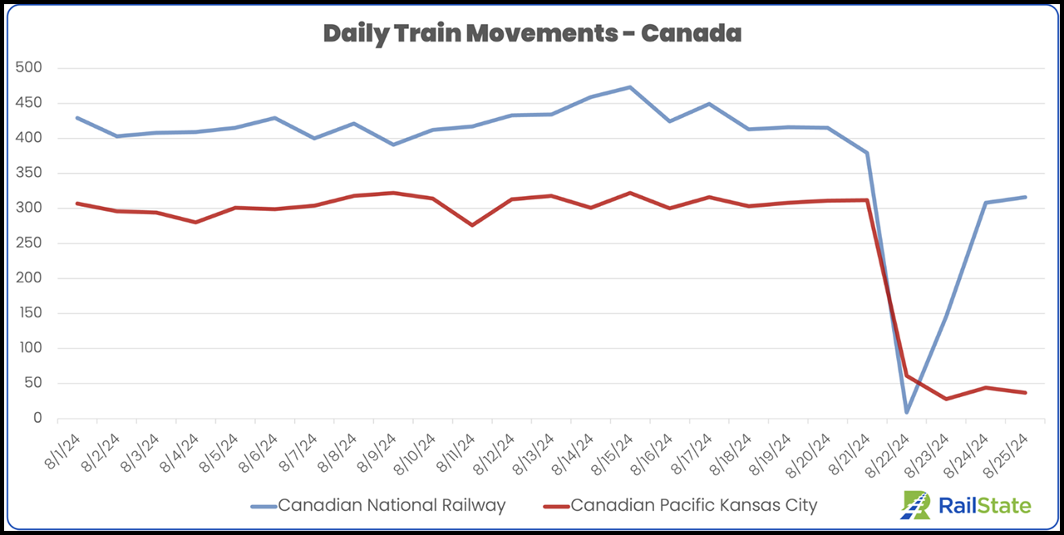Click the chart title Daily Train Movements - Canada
tap(532, 34)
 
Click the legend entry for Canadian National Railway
tap(391, 505)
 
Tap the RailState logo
tap(967, 505)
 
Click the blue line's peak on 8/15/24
tap(630, 86)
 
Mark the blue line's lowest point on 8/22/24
tap(907, 412)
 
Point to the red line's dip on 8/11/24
tap(472, 225)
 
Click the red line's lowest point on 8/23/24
tap(946, 399)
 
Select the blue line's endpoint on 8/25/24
tap(1025, 197)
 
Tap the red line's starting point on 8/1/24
tap(76, 203)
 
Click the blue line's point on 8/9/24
tap(392, 145)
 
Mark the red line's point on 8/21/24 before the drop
tap(867, 199)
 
